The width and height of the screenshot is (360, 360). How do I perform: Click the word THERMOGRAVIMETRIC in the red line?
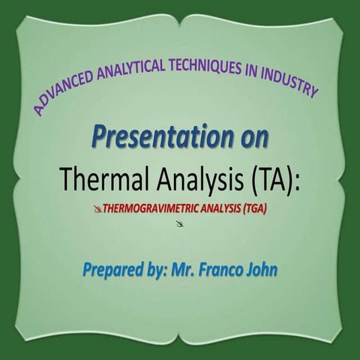(150, 210)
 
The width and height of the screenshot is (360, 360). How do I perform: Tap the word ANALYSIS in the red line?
(217, 210)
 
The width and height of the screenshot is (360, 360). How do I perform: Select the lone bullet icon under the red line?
(181, 224)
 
